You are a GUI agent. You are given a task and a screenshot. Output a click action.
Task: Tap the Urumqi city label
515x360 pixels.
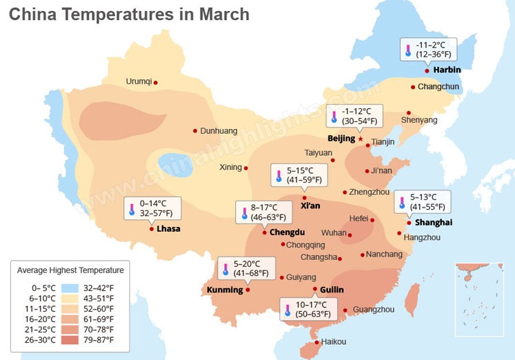139,81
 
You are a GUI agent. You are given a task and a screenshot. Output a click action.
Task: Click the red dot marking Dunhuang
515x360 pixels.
195,130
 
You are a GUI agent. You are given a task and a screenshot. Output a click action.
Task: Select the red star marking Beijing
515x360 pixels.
360,139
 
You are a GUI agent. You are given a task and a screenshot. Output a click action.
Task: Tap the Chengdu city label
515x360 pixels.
287,232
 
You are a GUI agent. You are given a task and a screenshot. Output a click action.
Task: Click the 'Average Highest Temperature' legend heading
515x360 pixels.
70,270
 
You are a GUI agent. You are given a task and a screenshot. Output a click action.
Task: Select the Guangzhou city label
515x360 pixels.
373,310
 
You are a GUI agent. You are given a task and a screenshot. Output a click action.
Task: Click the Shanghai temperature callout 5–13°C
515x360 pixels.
423,202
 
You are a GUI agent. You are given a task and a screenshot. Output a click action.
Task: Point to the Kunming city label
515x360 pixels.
225,290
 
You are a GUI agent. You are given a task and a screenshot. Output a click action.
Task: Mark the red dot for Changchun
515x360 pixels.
412,87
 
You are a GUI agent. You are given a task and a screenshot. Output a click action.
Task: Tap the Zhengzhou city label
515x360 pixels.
370,192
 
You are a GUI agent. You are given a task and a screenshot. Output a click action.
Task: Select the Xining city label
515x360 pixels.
230,167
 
